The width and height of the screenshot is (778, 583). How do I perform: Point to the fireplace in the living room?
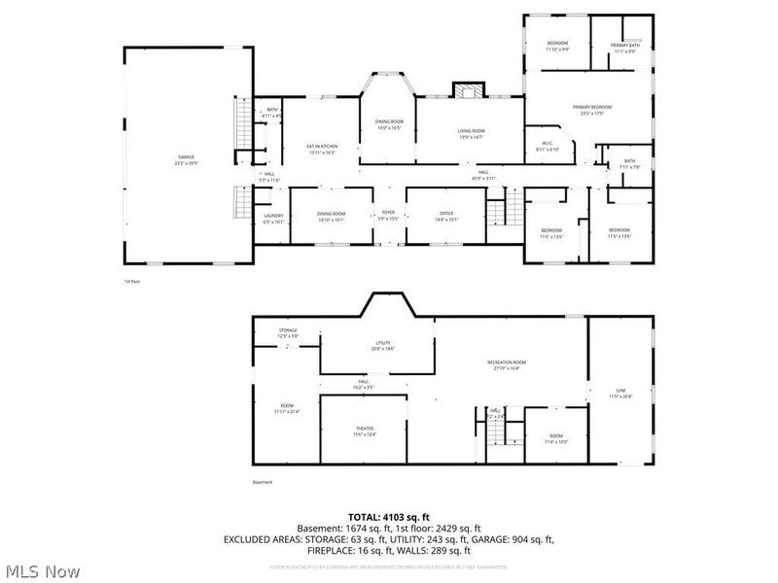(468, 91)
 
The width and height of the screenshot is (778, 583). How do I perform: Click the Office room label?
(446, 216)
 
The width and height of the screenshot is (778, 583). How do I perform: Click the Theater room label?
(365, 430)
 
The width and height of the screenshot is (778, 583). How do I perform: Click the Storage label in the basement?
(288, 332)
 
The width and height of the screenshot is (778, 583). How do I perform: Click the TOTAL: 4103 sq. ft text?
(389, 516)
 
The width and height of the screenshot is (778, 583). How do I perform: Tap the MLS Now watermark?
(41, 571)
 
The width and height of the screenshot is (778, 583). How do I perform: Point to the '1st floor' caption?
(132, 282)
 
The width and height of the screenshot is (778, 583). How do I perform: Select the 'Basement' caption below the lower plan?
(263, 483)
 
